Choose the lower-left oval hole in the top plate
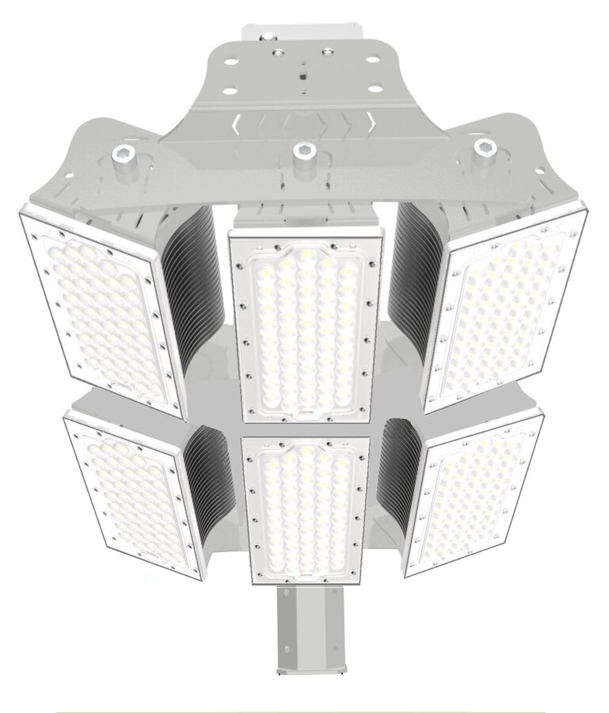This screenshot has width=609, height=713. (230, 91)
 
